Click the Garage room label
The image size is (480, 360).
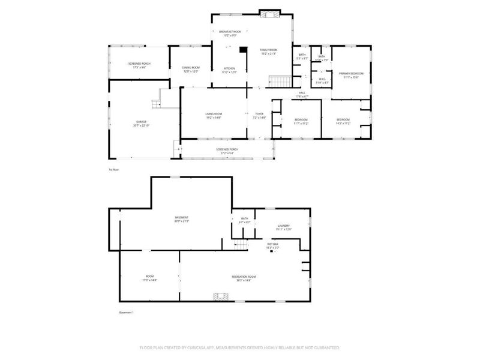(142, 124)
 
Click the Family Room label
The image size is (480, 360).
(269, 51)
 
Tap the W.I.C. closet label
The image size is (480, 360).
(322, 80)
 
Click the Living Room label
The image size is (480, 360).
(214, 116)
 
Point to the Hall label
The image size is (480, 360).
(303, 94)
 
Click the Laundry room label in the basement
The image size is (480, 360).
(283, 227)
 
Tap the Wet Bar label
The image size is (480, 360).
(272, 245)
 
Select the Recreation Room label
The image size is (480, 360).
(241, 278)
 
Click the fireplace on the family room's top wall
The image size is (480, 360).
(267, 12)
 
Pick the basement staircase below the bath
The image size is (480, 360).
(241, 244)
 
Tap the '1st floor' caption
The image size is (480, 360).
(114, 170)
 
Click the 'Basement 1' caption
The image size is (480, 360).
(126, 313)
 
